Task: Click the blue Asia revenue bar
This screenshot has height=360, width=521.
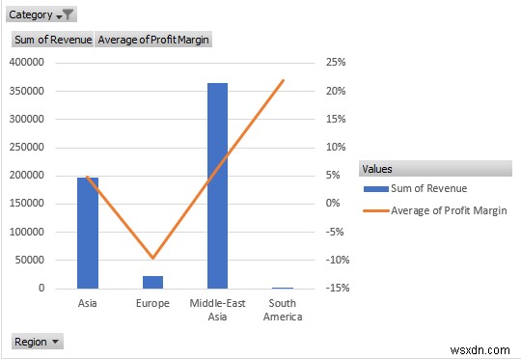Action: (x=88, y=233)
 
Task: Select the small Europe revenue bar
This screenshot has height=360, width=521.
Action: (x=152, y=282)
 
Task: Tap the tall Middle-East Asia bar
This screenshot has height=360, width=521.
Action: (x=217, y=185)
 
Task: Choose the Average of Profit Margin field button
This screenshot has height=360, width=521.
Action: (x=153, y=40)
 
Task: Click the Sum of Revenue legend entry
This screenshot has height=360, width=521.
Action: (x=429, y=188)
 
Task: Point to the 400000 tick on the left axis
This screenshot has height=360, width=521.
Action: (x=26, y=63)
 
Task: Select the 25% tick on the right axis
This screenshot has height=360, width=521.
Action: (x=335, y=63)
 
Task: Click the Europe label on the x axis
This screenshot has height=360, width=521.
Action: (x=152, y=303)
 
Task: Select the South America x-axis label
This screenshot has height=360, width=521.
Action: (x=283, y=310)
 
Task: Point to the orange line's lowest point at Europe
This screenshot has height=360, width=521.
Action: (x=152, y=259)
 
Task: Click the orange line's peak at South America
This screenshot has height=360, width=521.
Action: (x=283, y=80)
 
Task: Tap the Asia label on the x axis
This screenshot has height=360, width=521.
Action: (x=88, y=303)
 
